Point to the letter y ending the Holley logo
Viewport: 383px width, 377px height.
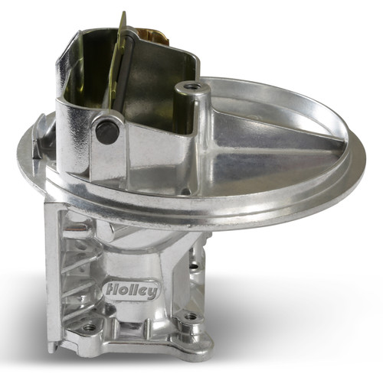(x=153, y=292)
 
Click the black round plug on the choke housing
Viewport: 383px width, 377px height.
(x=108, y=132)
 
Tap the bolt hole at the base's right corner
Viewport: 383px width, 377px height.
(x=189, y=315)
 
